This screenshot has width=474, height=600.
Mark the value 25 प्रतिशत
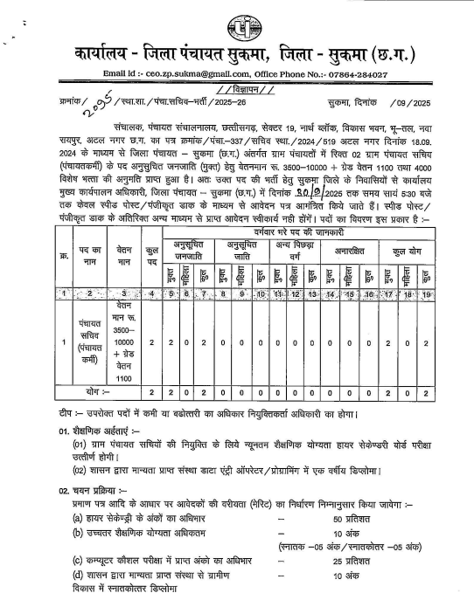pos(353,558)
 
